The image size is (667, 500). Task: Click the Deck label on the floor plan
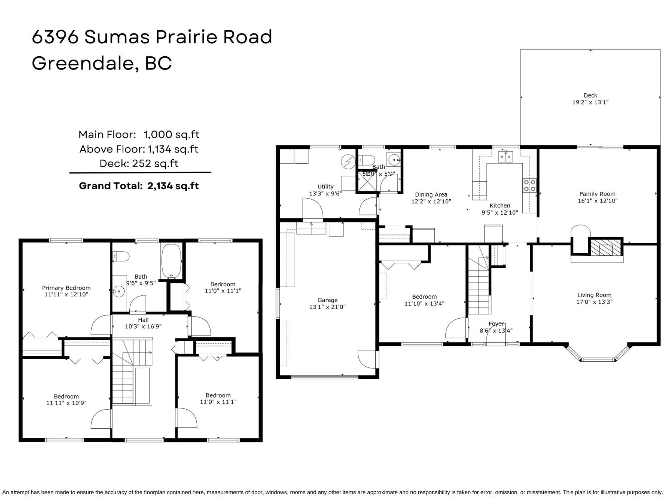click(590, 95)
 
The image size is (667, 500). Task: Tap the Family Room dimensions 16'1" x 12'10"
click(597, 201)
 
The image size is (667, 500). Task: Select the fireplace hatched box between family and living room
click(605, 247)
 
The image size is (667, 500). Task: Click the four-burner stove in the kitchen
click(530, 185)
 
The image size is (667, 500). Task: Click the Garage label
click(327, 300)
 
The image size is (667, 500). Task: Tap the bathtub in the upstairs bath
click(171, 261)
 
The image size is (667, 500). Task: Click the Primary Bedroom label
click(66, 288)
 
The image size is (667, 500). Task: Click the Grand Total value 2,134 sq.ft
click(173, 186)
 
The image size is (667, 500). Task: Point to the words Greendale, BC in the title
click(102, 63)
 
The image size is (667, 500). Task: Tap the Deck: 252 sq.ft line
click(139, 163)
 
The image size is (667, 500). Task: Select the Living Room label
click(594, 295)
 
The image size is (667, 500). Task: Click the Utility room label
click(326, 187)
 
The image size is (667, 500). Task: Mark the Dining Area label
click(431, 195)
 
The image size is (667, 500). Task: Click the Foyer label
click(496, 324)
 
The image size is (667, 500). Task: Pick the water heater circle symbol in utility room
click(347, 161)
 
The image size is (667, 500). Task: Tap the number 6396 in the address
click(55, 37)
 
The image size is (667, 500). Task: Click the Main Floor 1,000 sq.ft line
click(139, 135)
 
